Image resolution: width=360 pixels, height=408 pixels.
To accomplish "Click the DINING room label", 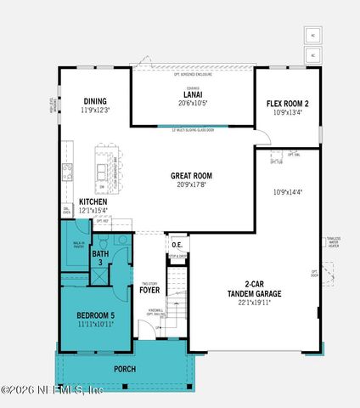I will point(95,99).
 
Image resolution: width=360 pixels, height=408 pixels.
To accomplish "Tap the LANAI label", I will point(192,94).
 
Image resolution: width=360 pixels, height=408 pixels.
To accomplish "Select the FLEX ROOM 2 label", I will point(289,103).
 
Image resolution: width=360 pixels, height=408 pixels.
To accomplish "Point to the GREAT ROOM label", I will point(190,176).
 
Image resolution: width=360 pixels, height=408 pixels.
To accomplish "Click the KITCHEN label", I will point(93,201).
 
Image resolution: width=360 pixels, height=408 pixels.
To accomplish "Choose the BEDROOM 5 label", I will point(89,314).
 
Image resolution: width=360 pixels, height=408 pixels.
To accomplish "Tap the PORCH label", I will point(125,370).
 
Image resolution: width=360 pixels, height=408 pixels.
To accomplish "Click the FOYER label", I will point(149,290).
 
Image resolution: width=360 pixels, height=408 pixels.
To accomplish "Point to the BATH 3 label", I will point(100,258).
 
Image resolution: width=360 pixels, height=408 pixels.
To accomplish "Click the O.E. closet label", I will point(177,246).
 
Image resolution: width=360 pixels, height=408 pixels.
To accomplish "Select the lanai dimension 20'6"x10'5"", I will point(192,102).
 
